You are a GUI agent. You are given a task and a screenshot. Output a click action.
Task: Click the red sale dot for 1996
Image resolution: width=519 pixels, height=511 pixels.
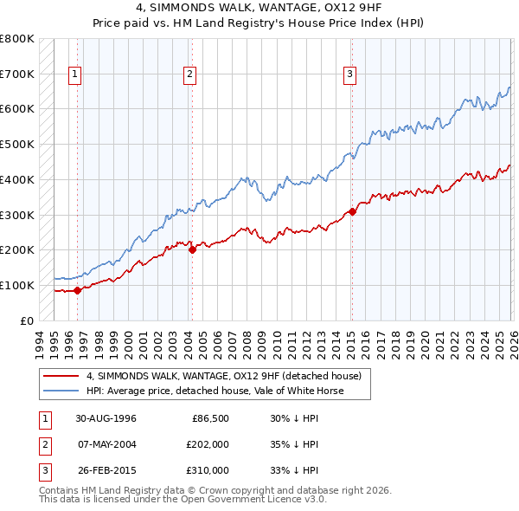[77, 290]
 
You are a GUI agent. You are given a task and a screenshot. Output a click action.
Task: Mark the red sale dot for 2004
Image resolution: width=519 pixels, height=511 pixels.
[192, 249]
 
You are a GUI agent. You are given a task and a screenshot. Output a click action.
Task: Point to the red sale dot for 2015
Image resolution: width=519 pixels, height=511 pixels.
[352, 211]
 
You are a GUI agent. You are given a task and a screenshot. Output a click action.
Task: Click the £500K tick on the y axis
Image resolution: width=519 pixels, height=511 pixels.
[18, 145]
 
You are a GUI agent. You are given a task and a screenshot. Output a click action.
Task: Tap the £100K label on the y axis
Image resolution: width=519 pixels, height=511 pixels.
[18, 285]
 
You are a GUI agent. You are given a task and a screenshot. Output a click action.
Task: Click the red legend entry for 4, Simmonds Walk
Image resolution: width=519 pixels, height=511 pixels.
[228, 376]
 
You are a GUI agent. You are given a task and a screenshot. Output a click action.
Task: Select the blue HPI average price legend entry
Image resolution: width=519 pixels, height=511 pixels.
[215, 391]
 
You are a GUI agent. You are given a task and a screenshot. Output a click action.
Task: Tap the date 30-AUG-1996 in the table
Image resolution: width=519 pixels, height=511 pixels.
[106, 418]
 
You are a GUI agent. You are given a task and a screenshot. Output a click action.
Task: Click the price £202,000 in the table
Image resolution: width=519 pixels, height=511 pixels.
[208, 444]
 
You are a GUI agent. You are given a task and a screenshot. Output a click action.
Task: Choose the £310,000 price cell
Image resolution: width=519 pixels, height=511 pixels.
[208, 470]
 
